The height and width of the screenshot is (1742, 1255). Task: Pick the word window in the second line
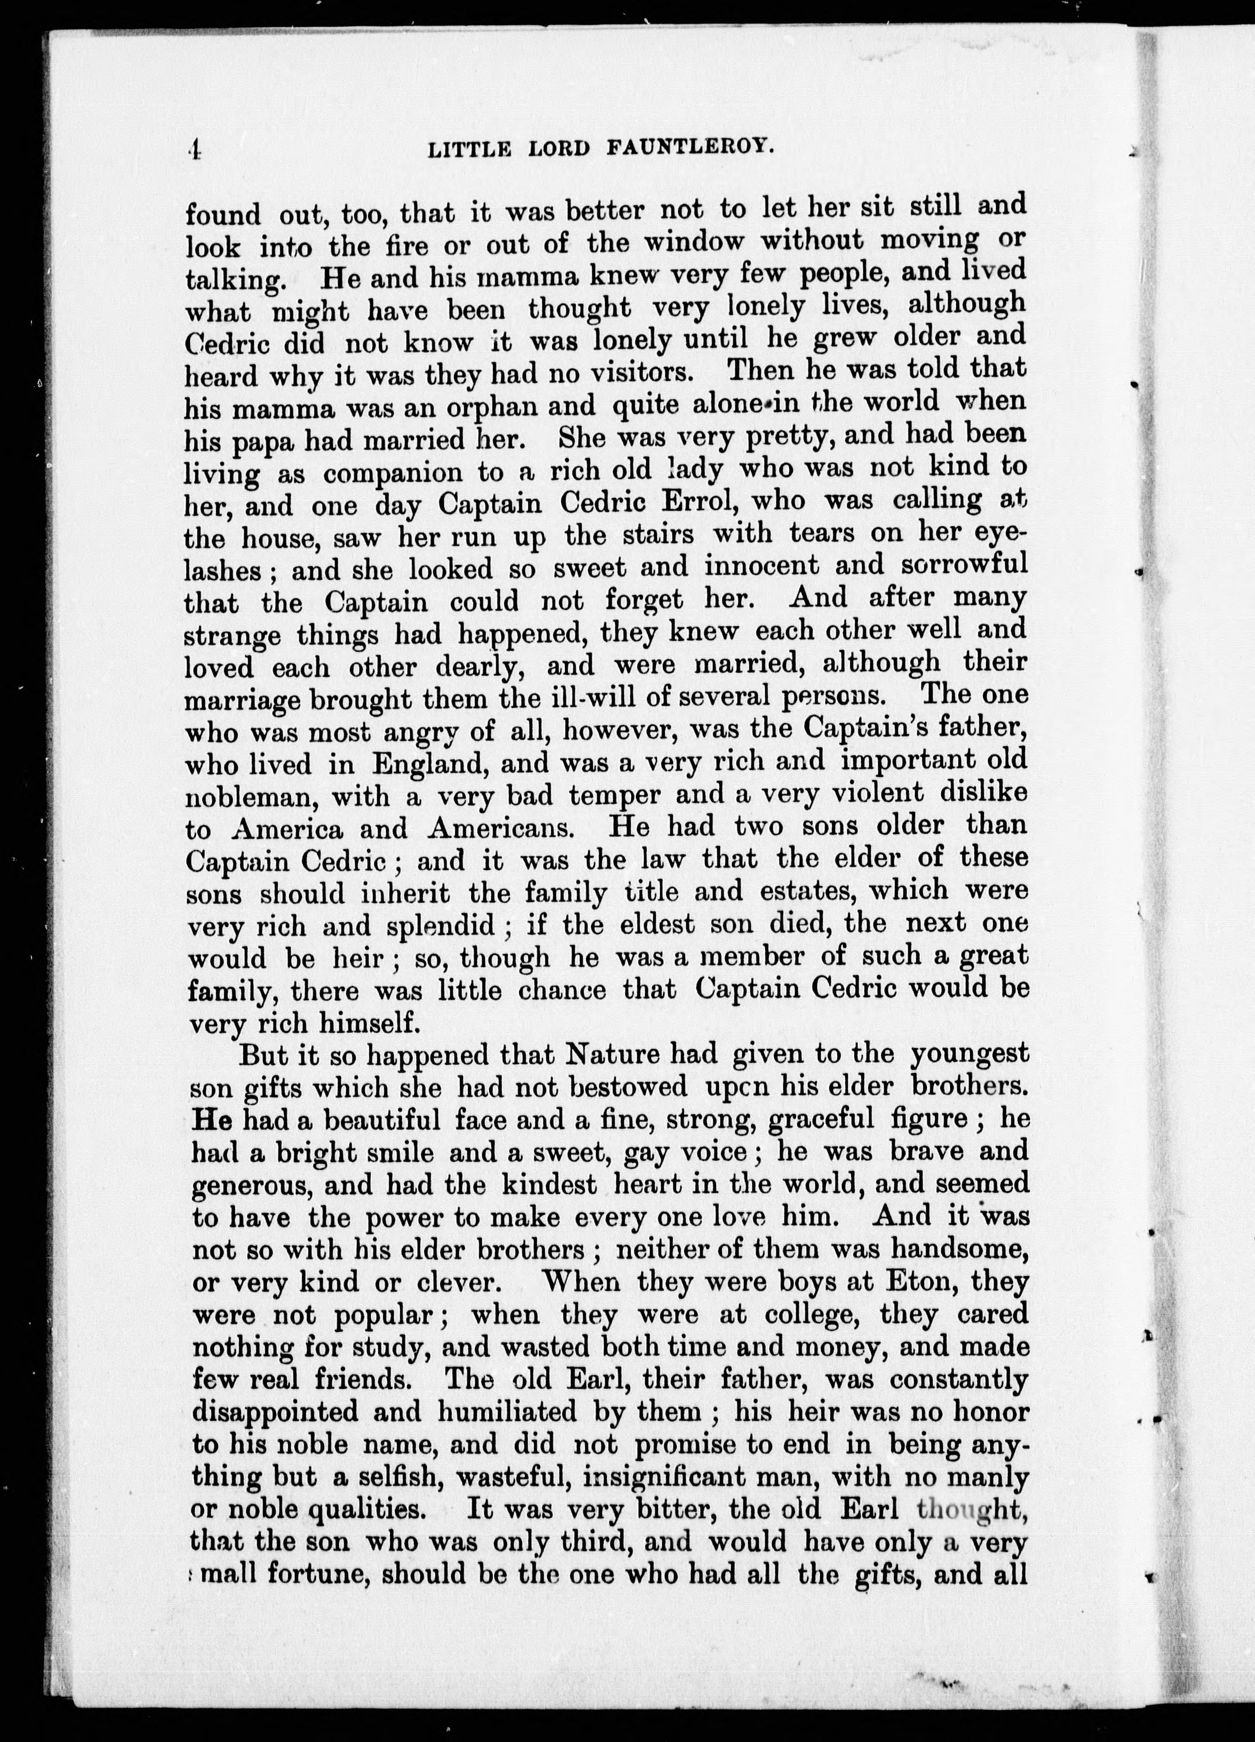coord(694,242)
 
